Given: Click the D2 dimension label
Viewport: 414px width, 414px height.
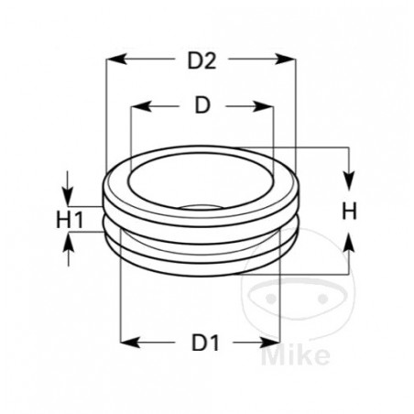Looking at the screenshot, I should click(x=201, y=61).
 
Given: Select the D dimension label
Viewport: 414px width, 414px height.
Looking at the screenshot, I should click(x=202, y=105).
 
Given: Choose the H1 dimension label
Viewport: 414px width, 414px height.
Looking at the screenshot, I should click(x=70, y=220).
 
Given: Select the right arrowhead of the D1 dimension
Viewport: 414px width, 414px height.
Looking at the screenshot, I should click(x=271, y=343).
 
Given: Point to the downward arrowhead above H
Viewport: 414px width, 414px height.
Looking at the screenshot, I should click(x=348, y=178).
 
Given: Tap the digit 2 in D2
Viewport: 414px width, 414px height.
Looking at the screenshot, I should click(x=210, y=61).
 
